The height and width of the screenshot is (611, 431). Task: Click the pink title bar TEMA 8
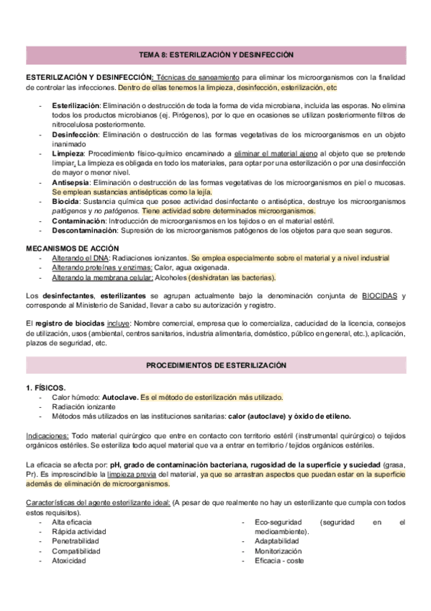216,55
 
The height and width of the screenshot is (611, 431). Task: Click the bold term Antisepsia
72,182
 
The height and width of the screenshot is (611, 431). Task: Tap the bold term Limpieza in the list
69,153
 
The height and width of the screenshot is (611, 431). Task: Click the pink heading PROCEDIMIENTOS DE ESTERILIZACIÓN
216,366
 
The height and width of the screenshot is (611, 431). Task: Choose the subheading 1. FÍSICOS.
46,388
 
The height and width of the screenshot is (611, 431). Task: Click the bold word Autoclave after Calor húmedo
119,397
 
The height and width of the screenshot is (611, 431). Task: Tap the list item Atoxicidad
69,561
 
